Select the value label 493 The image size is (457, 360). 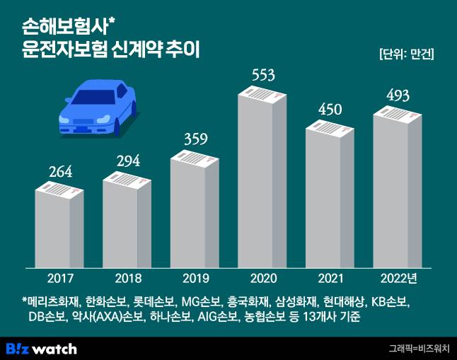(398, 95)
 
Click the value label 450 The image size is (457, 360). (330, 110)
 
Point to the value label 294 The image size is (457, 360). (127, 161)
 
